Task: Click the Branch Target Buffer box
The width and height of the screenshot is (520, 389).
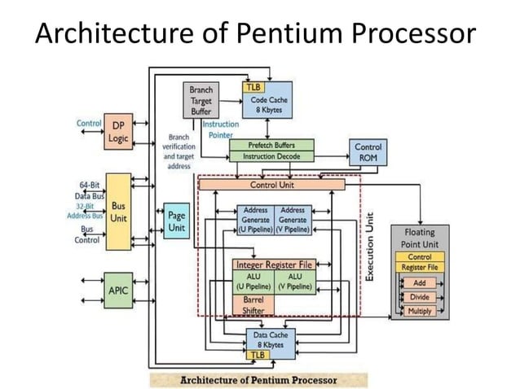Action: (201, 101)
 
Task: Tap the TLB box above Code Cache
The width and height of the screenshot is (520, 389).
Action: (253, 86)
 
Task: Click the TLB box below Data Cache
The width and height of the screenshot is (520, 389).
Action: (258, 355)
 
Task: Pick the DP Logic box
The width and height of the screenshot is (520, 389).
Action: (118, 133)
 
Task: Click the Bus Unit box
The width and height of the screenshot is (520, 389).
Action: (118, 212)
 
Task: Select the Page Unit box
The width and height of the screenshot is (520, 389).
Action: (176, 221)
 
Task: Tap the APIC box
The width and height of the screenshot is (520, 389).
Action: (118, 289)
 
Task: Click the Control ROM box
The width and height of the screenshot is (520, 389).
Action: (368, 152)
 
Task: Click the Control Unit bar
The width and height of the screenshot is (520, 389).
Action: (272, 185)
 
